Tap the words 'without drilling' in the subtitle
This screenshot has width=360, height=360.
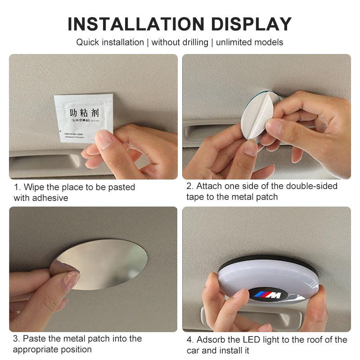pyautogui.click(x=180, y=42)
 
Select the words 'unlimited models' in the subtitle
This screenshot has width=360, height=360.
pyautogui.click(x=250, y=42)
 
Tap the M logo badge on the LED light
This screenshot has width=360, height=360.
pyautogui.click(x=268, y=295)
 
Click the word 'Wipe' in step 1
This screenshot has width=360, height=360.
pyautogui.click(x=33, y=187)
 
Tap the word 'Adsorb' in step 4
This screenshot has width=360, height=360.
pyautogui.click(x=211, y=340)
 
